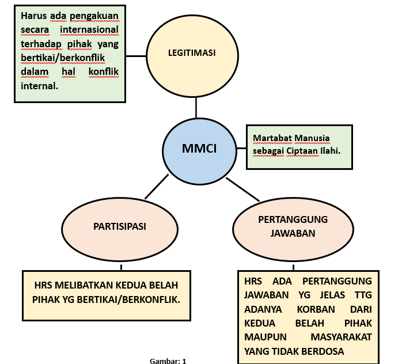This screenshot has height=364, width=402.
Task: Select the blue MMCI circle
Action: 199,148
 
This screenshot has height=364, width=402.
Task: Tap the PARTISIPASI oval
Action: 120,226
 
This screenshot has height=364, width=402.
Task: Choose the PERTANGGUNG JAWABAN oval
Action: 293,226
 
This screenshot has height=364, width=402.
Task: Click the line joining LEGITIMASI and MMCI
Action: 197,108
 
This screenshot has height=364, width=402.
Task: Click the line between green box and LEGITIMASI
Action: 135,56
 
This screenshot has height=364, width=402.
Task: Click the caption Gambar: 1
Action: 168,361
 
